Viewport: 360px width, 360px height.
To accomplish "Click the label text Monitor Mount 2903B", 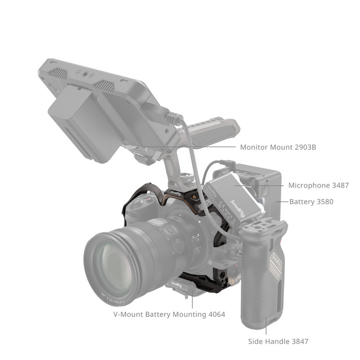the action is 278,147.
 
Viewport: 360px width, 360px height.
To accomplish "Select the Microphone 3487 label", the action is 318,185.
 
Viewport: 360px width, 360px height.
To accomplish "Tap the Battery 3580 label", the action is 311,202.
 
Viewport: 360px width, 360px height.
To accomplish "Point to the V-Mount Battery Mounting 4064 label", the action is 169,314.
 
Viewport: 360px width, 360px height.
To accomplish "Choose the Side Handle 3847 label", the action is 278,341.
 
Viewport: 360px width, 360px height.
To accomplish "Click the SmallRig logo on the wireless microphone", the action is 238,208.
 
